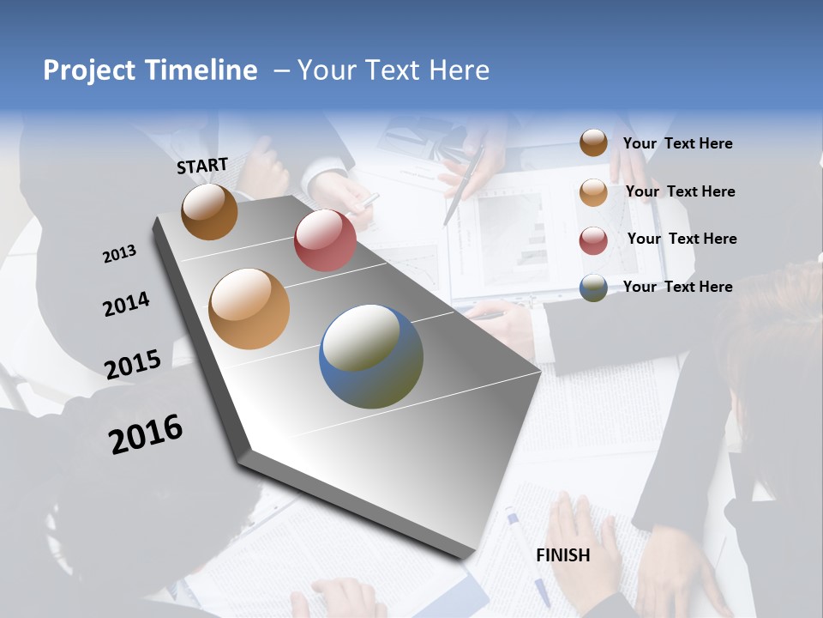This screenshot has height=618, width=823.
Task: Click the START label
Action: coord(202,166)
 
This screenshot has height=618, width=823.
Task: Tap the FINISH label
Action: coord(563,555)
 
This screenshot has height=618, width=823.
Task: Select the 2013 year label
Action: coord(119,254)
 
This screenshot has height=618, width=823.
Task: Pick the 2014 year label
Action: coord(126,304)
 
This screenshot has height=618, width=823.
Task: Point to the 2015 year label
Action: coord(133,364)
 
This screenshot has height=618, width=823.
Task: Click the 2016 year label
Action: coord(146,433)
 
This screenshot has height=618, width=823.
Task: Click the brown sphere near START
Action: coord(209,212)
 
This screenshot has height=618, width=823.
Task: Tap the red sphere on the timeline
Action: coord(325,240)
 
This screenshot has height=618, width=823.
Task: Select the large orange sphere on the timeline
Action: coord(249,309)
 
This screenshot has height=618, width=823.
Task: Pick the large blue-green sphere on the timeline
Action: coord(371,356)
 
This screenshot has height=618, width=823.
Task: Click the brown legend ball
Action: coord(593,143)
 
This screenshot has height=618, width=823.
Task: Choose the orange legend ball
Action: coord(593,192)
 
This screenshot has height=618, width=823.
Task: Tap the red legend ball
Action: coord(593,240)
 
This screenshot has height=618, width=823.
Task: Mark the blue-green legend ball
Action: coord(593,288)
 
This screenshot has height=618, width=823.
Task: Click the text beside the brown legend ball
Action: coord(677,144)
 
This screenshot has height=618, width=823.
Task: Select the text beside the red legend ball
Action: coord(682,239)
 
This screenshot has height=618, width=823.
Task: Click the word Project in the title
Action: coord(90,70)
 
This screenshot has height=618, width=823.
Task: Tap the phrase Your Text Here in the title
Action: coord(393,70)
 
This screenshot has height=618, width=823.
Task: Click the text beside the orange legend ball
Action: coord(680,191)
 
